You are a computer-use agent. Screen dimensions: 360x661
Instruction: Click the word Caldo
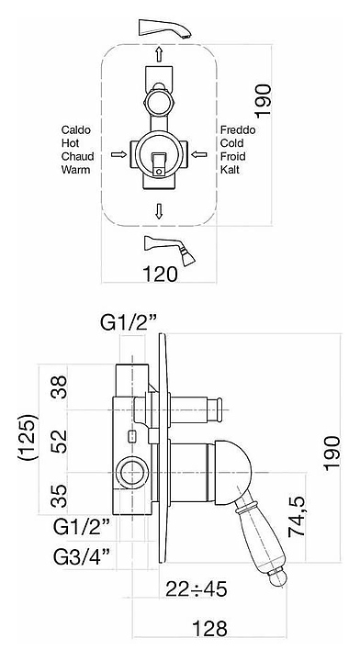pyautogui.click(x=76, y=129)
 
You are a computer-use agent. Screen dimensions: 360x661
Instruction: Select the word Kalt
pyautogui.click(x=231, y=170)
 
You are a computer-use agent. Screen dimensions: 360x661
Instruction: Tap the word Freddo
pyautogui.click(x=238, y=129)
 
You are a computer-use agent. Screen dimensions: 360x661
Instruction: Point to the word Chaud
pyautogui.click(x=77, y=156)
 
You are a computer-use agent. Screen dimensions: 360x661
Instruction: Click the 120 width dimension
pyautogui.click(x=160, y=274)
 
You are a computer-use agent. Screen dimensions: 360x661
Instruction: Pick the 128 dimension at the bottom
pyautogui.click(x=209, y=629)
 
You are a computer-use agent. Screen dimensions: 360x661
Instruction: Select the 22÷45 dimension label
pyautogui.click(x=197, y=588)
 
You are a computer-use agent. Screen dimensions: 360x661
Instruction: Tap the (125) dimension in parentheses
pyautogui.click(x=28, y=437)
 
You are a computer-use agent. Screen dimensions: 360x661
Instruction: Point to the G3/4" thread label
pyautogui.click(x=82, y=557)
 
